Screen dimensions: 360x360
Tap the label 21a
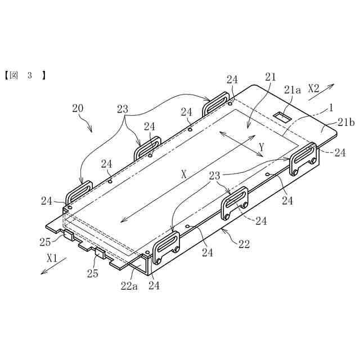click(292, 89)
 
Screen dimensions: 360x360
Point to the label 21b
click(330, 124)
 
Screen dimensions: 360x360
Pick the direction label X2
click(314, 88)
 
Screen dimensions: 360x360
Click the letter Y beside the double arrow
click(261, 147)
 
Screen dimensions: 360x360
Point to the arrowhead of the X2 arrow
click(334, 84)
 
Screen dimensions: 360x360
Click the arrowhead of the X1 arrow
click(41, 274)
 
